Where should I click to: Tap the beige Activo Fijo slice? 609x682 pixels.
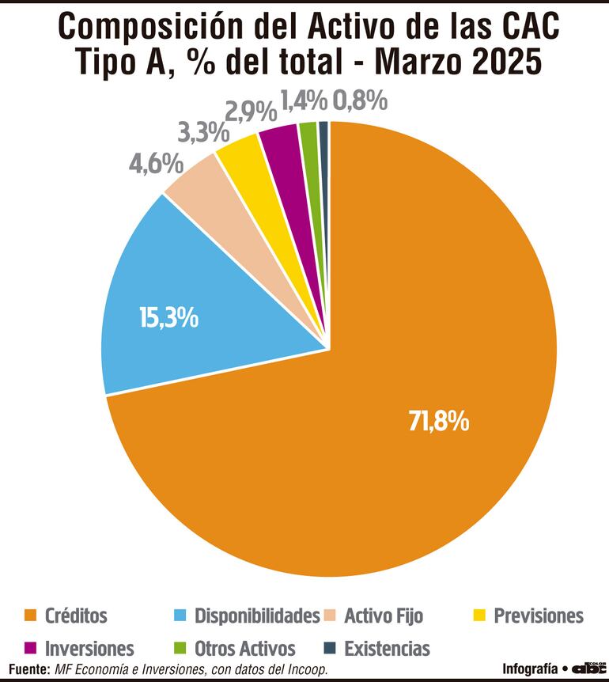[x=195, y=178]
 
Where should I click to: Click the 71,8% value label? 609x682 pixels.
[x=439, y=421]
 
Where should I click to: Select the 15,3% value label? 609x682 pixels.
[x=168, y=318]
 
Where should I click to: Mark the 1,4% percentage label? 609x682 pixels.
[x=303, y=100]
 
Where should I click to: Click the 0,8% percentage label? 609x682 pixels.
[x=360, y=100]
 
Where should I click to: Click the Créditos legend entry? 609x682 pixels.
[x=76, y=616]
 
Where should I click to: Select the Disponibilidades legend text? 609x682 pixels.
[x=257, y=616]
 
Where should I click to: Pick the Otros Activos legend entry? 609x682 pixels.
[x=244, y=649]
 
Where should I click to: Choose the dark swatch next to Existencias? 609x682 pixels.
[x=330, y=649]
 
